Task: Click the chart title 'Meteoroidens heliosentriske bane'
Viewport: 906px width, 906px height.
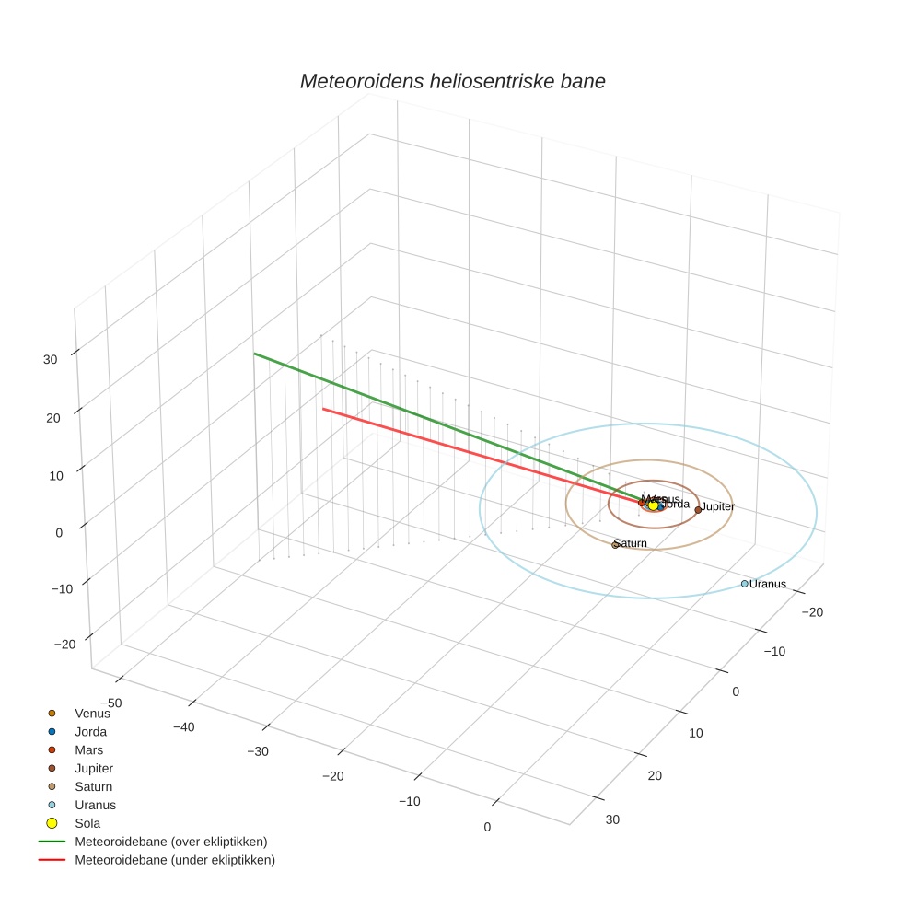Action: coord(452,81)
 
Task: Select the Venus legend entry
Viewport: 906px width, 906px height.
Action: coord(92,714)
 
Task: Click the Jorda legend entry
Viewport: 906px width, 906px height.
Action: coord(90,732)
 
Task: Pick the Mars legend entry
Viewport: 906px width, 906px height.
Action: coord(88,750)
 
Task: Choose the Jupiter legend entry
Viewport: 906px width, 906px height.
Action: coord(94,768)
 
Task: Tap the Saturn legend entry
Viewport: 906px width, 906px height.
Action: coord(93,786)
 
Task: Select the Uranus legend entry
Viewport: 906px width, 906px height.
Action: coord(95,805)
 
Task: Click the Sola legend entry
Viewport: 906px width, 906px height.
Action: coord(87,823)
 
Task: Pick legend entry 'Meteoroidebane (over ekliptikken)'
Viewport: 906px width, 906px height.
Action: coord(170,842)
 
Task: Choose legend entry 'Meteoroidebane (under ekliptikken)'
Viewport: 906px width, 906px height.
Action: coord(174,860)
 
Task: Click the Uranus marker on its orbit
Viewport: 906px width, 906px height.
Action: coord(744,584)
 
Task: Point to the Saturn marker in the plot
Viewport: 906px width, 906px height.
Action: coord(615,545)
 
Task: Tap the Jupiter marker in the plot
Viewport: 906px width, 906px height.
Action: coord(698,509)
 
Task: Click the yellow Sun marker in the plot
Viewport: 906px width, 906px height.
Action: coord(653,505)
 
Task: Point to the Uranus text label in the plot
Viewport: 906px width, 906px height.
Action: coord(768,584)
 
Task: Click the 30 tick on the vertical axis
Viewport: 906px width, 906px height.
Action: coord(51,360)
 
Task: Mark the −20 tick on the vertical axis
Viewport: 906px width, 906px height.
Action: coord(64,645)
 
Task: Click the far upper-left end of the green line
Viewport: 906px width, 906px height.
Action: coord(255,354)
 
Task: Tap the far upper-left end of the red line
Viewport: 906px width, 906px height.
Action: coord(322,409)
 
